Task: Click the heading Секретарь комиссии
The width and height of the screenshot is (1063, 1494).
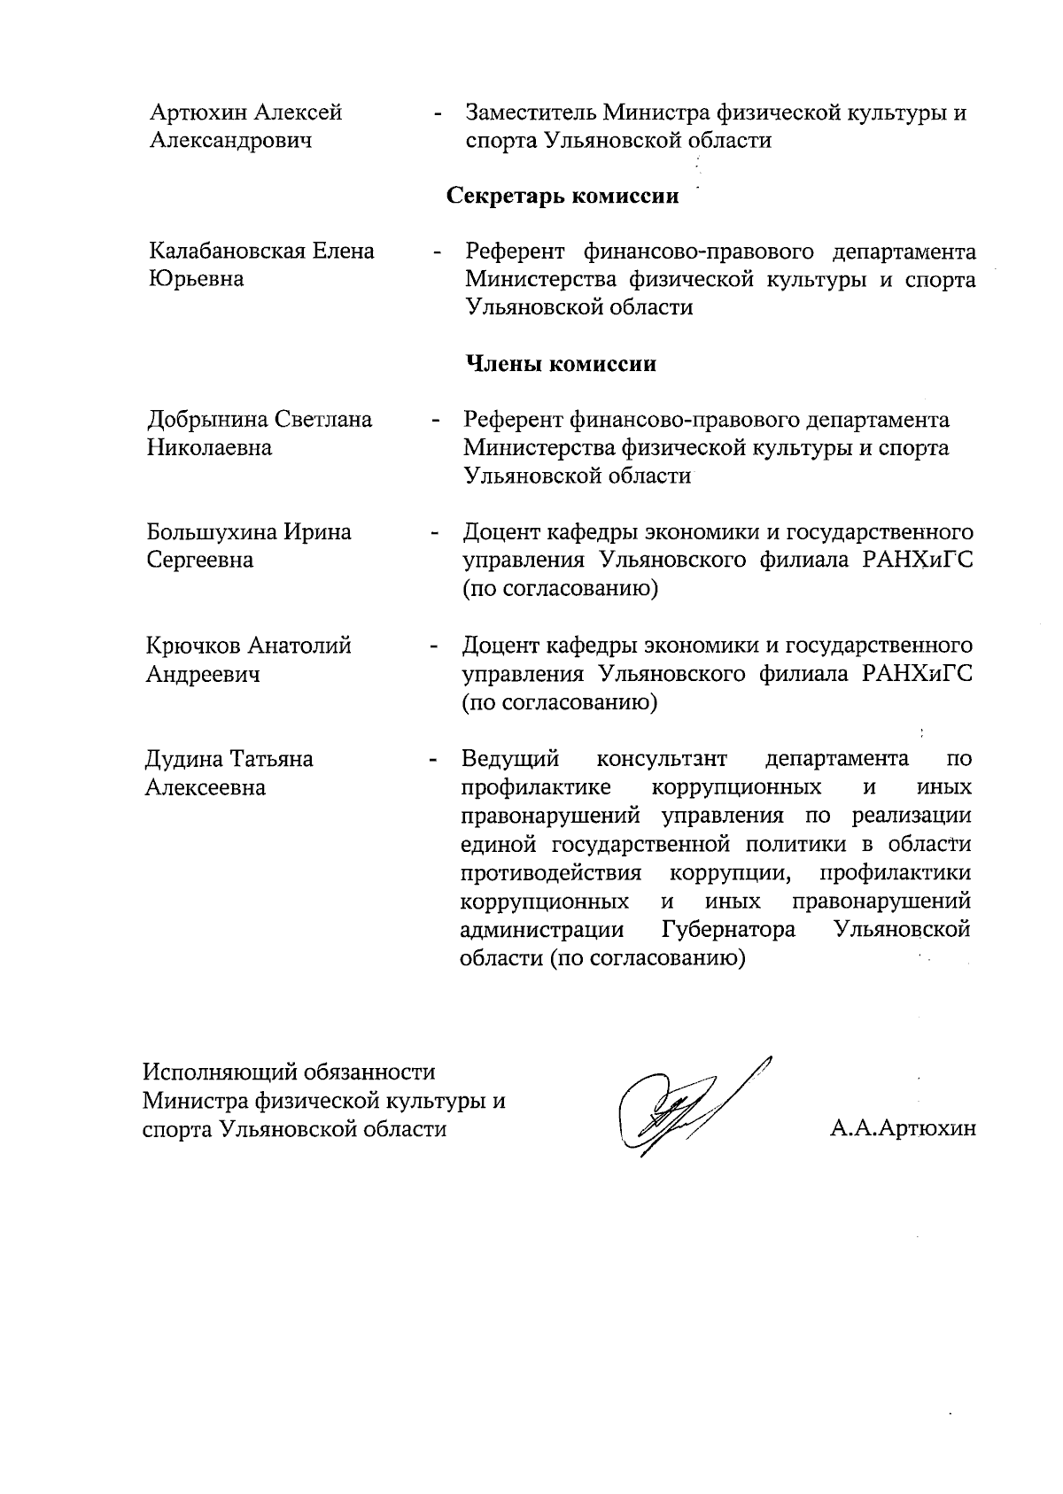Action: tap(563, 196)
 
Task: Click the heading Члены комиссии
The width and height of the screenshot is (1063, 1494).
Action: tap(561, 364)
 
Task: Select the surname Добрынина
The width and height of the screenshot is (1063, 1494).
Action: tap(209, 419)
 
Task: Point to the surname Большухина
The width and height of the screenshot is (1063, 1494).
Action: tap(211, 532)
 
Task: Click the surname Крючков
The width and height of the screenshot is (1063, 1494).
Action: tap(192, 646)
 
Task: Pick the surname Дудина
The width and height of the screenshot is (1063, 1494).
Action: tap(183, 759)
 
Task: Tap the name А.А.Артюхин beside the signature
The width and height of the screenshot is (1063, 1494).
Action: tap(903, 1128)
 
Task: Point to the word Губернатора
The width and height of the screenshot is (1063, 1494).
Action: tap(727, 930)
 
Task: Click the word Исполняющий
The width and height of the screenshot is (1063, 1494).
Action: tap(218, 1072)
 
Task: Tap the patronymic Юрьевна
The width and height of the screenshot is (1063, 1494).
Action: tap(196, 280)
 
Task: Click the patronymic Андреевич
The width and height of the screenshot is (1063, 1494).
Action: tap(203, 675)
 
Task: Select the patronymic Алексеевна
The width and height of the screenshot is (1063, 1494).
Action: tap(206, 787)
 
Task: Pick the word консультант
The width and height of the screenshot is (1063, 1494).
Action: tap(662, 759)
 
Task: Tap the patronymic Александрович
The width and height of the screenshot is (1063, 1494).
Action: tap(230, 141)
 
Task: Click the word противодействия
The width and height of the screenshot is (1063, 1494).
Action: tap(551, 873)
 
